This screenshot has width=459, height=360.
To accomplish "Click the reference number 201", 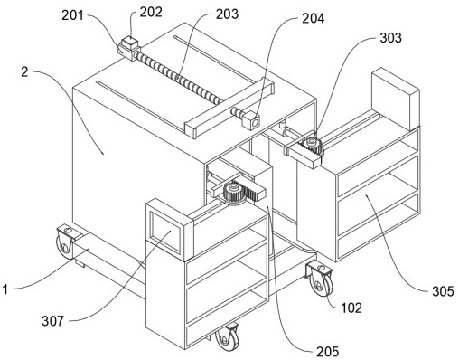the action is point(72,15).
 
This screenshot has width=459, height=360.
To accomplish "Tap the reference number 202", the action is point(151,12).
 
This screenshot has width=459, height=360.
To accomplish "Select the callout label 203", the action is point(227,14).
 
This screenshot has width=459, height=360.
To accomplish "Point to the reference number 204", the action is point(314,18).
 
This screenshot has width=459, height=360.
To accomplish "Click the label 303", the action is point(390,38).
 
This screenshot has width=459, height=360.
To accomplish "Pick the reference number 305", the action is point(443,291).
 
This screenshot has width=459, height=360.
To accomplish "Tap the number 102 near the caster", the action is point(351,308).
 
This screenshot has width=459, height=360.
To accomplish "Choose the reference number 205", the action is point(327,352).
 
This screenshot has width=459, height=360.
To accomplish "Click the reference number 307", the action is point(53,321).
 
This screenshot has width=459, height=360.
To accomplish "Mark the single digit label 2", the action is point(24,71).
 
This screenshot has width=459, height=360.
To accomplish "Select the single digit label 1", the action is point(5,289).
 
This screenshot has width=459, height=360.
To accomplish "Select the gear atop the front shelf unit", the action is point(233,193).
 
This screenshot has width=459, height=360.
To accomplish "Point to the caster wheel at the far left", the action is point(64,242).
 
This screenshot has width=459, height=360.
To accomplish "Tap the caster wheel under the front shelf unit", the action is point(227,337).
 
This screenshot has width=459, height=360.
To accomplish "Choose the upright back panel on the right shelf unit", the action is point(396,99).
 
